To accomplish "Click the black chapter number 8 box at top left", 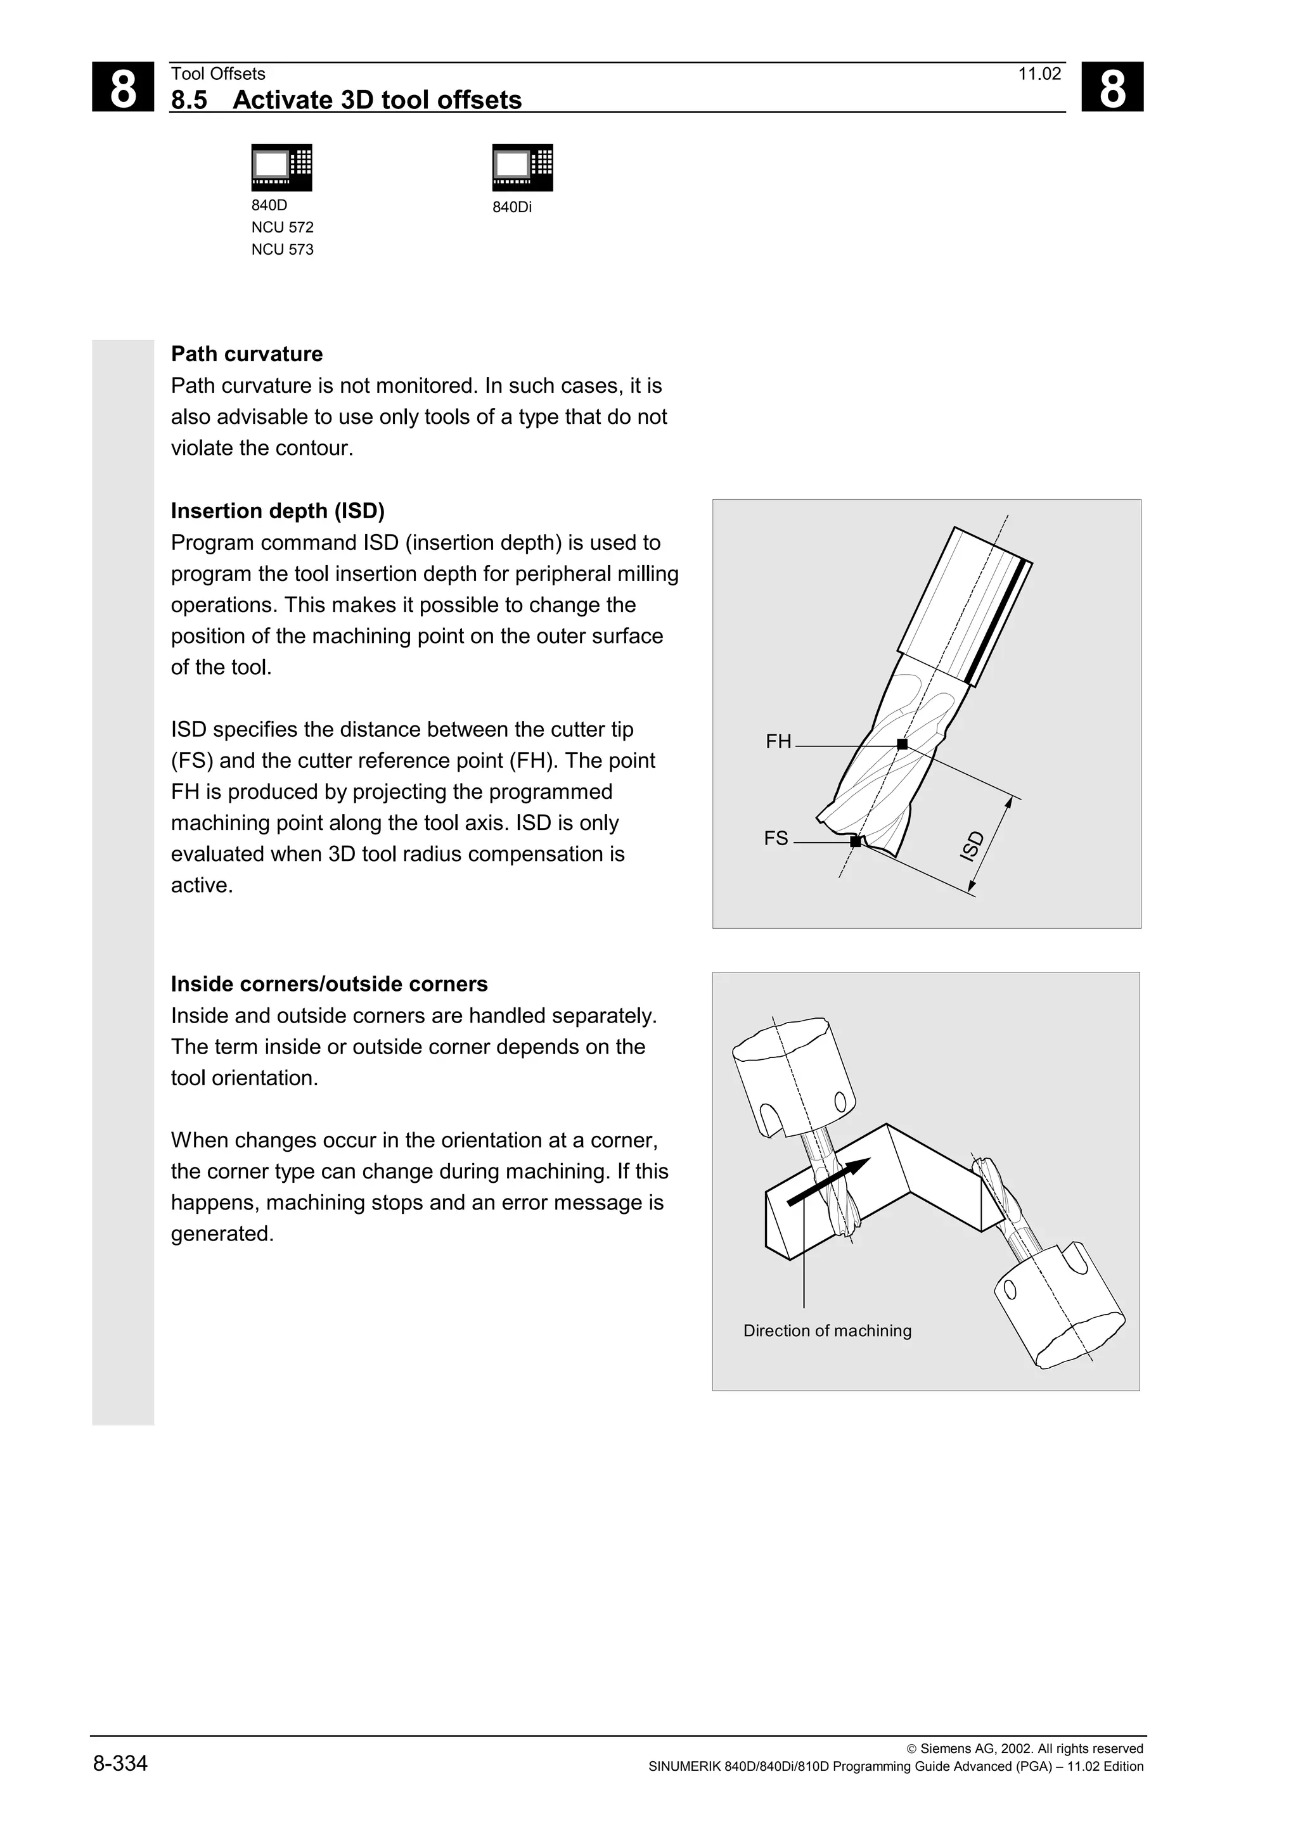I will (x=122, y=87).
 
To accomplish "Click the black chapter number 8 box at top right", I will (x=1112, y=87).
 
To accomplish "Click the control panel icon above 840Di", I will (x=522, y=167).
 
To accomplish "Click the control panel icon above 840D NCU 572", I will (x=281, y=167).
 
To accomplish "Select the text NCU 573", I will (x=282, y=250).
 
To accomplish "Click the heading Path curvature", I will (x=247, y=354).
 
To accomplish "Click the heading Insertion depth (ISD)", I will (x=278, y=511).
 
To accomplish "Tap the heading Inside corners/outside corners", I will (x=329, y=985).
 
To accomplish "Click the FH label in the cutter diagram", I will (x=778, y=742).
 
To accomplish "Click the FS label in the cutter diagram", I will (x=776, y=839).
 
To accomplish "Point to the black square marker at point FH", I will (x=902, y=744).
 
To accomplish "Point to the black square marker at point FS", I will (x=855, y=841).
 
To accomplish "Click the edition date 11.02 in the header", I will (x=1039, y=74).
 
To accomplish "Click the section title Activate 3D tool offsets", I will (x=376, y=100).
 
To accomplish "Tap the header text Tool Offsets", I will (x=217, y=74).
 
